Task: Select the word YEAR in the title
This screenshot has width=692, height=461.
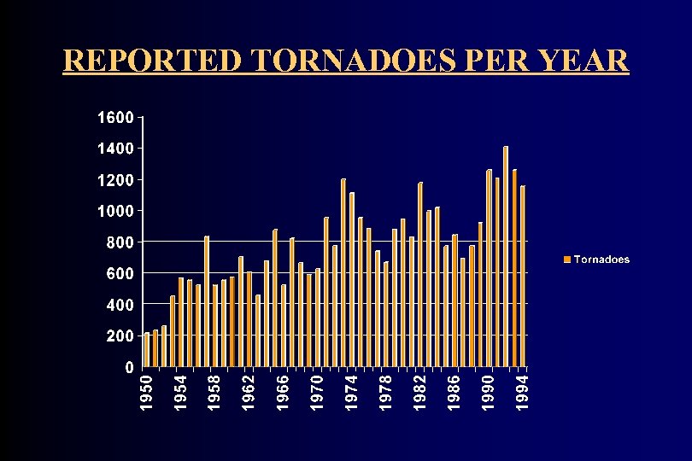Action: [584, 61]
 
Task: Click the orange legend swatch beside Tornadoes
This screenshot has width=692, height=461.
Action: [566, 260]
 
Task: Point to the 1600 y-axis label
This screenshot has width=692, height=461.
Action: [114, 117]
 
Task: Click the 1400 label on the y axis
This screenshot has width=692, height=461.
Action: [114, 149]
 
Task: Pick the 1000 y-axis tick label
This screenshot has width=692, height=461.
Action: [114, 211]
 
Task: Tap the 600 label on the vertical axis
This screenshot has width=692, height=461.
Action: [119, 273]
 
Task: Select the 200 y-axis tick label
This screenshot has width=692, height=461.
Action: [119, 336]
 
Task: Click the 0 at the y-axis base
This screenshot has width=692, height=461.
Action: [128, 367]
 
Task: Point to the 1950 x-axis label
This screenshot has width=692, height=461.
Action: [146, 392]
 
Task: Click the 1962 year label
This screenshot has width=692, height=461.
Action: [249, 392]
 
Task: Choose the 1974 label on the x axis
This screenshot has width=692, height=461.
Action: [351, 392]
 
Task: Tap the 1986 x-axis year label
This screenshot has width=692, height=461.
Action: [454, 392]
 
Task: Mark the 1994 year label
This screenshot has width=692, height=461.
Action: [523, 392]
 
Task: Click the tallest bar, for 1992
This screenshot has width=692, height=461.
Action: [506, 256]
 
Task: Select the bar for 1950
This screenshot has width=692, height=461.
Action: [147, 350]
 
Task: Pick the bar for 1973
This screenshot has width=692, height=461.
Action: [343, 273]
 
